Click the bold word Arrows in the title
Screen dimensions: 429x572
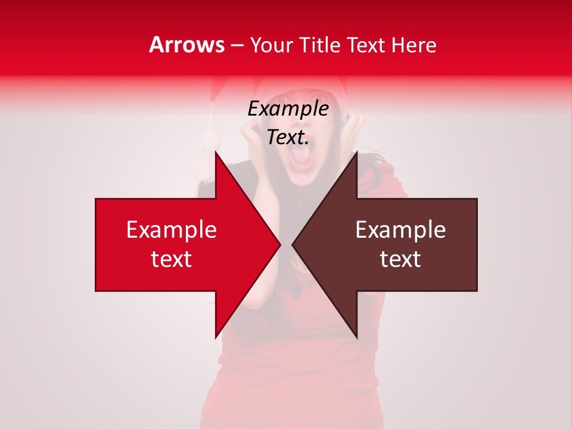187,45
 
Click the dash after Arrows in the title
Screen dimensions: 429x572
237,45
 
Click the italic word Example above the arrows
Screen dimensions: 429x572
288,109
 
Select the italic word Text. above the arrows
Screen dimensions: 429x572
288,137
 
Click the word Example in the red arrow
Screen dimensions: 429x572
172,229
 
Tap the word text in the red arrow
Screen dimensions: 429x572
172,259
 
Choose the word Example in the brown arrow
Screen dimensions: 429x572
400,229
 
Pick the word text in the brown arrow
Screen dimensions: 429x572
400,259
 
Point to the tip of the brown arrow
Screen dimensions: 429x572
293,244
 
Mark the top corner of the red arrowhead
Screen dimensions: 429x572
216,153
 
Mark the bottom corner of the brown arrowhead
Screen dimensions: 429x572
356,337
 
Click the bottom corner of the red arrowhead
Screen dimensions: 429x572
216,337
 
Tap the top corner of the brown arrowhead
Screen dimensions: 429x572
356,153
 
